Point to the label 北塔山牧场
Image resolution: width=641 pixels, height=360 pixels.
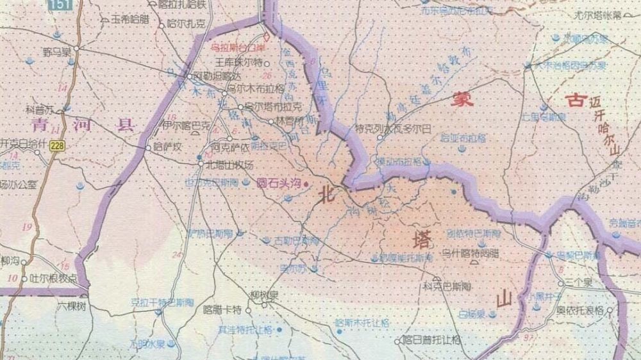point(225,164)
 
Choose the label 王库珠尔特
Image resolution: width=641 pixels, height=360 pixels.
point(238,63)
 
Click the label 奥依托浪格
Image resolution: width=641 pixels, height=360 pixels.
point(579,309)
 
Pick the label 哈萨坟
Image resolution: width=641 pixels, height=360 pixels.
point(169,147)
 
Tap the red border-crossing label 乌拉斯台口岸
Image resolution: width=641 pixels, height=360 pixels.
point(237,46)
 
